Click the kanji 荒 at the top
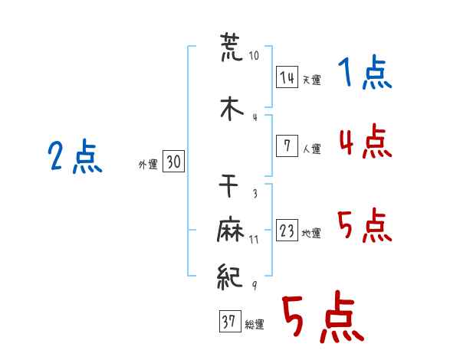click(232, 47)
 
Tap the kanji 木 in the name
click(232, 109)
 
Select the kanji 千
click(228, 185)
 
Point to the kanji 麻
click(231, 229)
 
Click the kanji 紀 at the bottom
click(230, 277)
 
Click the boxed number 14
click(287, 77)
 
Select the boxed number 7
click(287, 146)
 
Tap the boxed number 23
click(287, 230)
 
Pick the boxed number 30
click(174, 161)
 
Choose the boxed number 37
click(230, 321)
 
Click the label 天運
click(312, 80)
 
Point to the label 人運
click(312, 149)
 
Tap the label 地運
click(311, 233)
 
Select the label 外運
click(148, 165)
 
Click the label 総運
click(255, 324)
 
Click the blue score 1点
click(365, 72)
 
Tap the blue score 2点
click(75, 156)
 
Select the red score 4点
click(366, 141)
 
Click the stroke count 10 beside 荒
click(254, 55)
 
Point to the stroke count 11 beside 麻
click(254, 240)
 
